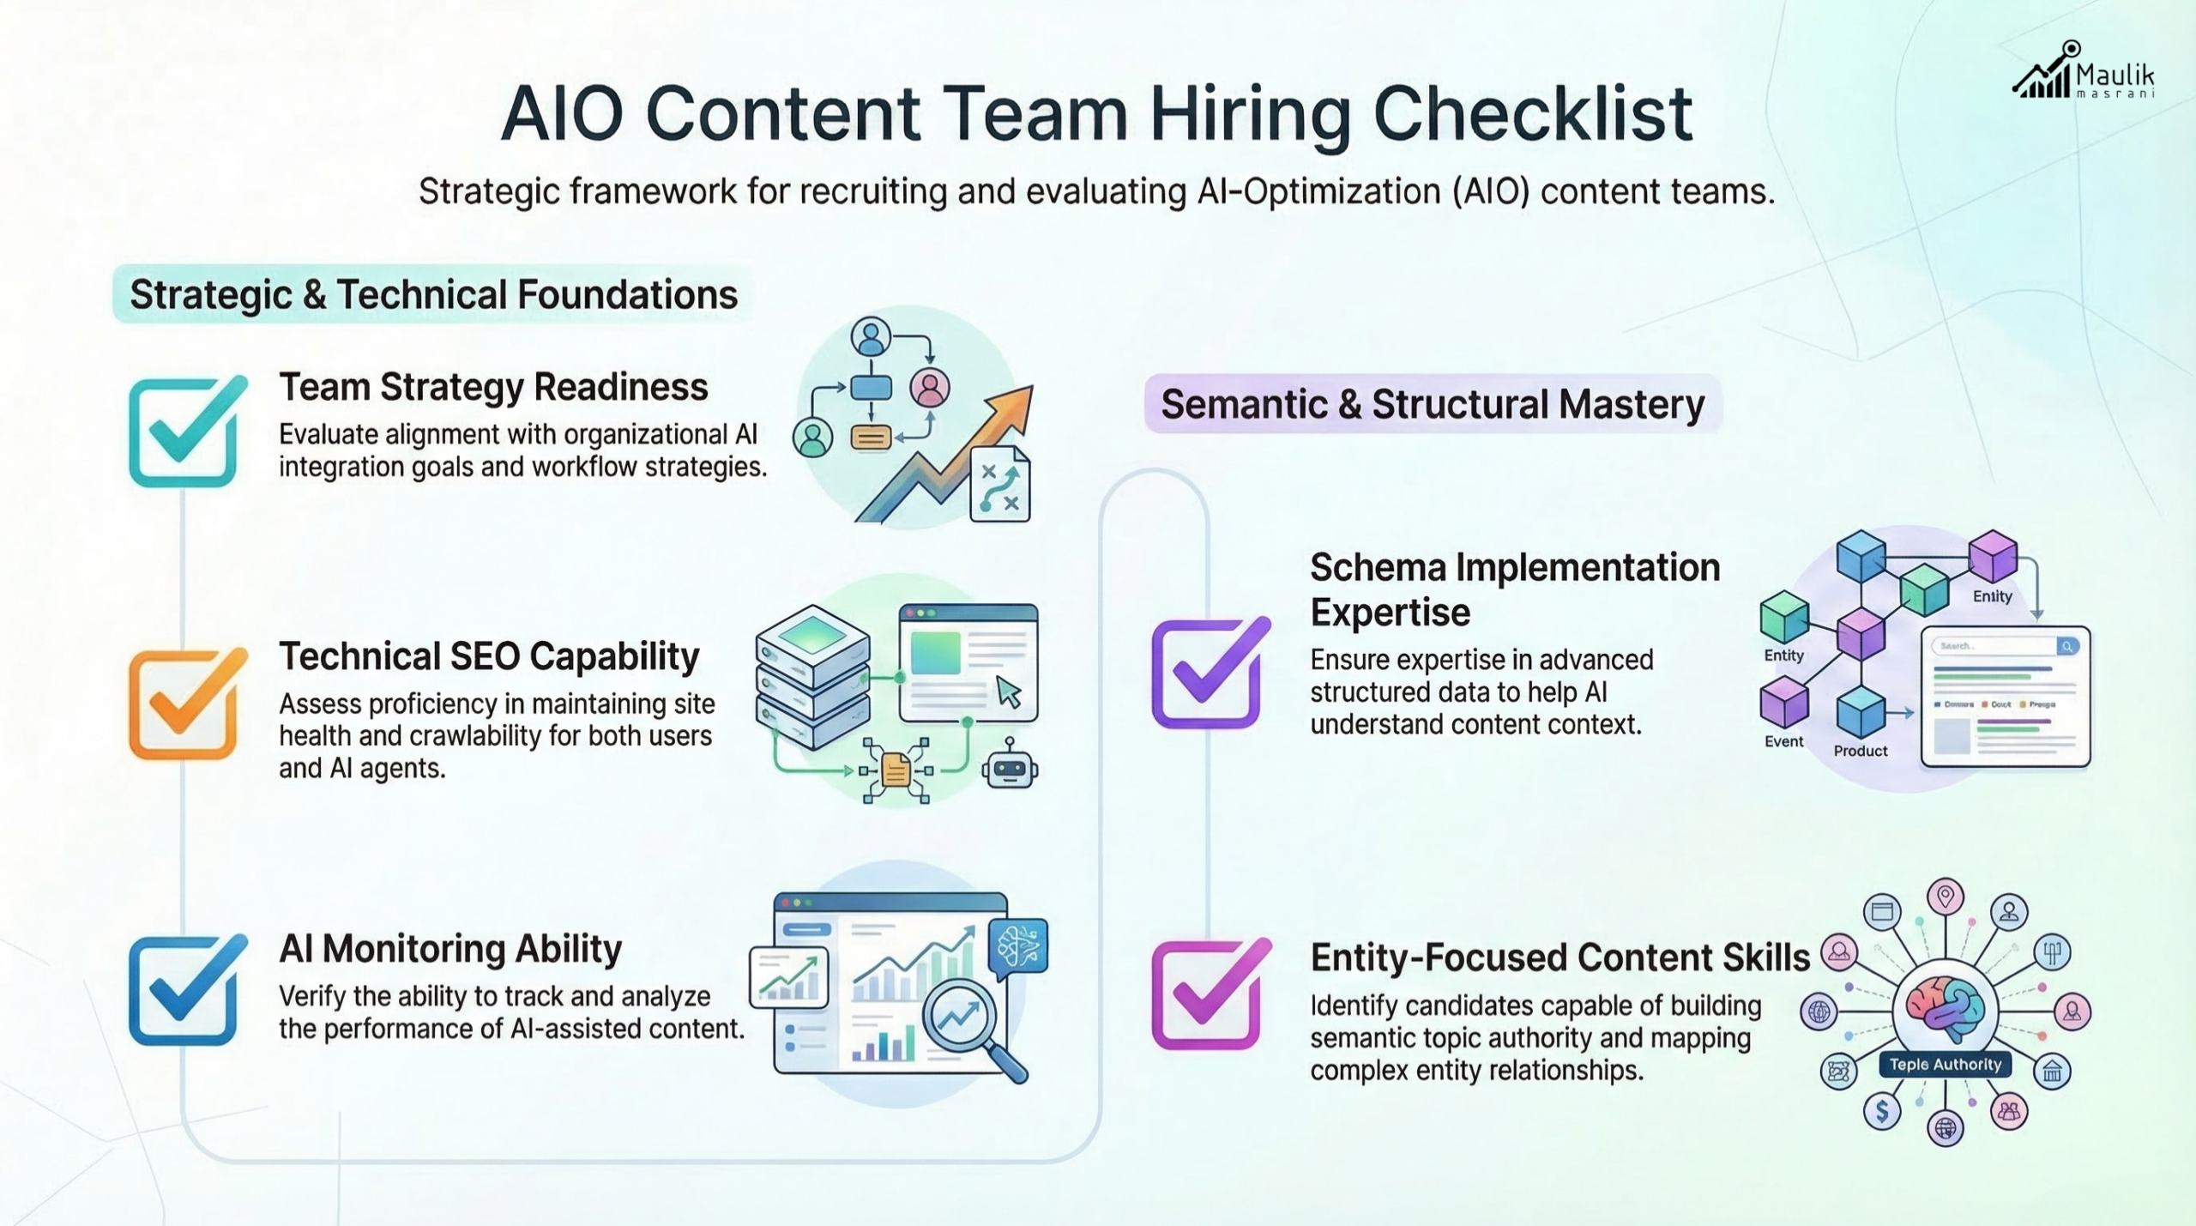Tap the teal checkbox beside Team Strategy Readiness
[x=184, y=432]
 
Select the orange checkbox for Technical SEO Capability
[x=184, y=704]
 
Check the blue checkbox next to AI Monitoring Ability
[x=184, y=991]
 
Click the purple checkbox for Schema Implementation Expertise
[x=1206, y=674]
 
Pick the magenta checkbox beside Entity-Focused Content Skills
[x=1206, y=995]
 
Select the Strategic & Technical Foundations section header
[x=433, y=294]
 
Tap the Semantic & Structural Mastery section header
[x=1433, y=404]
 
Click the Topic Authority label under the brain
[x=1945, y=1065]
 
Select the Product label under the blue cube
[x=1860, y=751]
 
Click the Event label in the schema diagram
[x=1783, y=741]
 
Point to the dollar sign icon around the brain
[x=1882, y=1111]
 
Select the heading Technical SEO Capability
[x=489, y=656]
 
